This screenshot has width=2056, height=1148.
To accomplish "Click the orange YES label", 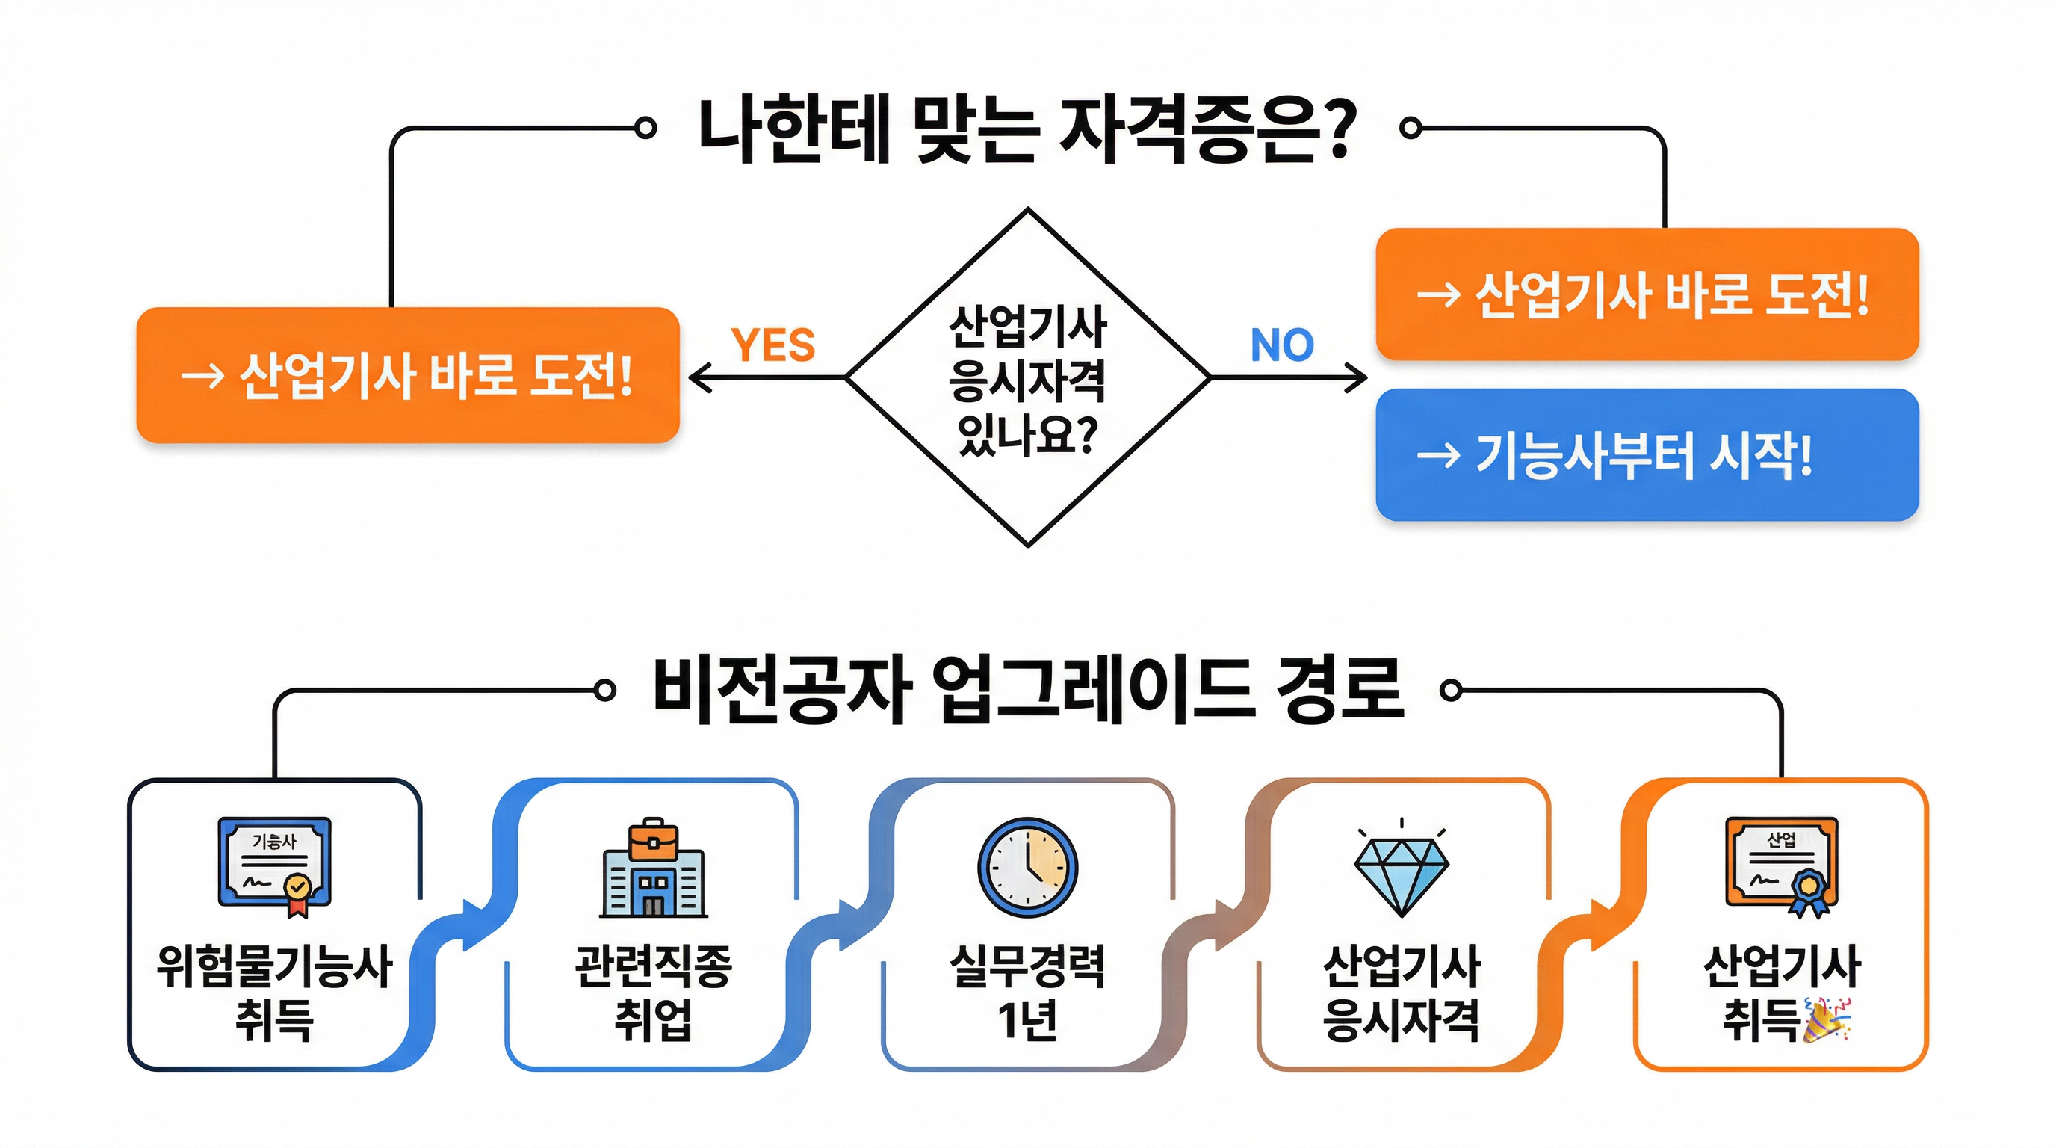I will (x=772, y=345).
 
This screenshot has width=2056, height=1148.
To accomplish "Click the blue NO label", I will (x=1282, y=345).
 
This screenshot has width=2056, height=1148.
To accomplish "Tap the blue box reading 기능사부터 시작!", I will (x=1647, y=455).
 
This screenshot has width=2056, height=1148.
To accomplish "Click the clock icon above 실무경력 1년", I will (x=1028, y=867).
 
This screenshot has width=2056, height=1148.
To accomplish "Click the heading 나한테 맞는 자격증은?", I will (x=1028, y=131).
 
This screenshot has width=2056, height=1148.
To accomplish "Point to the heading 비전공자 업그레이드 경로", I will (x=1028, y=691).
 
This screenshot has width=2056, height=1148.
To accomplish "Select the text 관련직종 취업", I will (x=653, y=993).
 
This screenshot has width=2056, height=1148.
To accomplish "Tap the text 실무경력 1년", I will (x=1028, y=993).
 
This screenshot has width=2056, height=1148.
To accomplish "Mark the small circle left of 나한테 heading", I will (x=645, y=128).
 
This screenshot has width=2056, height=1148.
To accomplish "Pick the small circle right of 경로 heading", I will (x=1451, y=690).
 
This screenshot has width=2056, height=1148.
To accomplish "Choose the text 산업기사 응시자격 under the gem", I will (x=1402, y=993).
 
